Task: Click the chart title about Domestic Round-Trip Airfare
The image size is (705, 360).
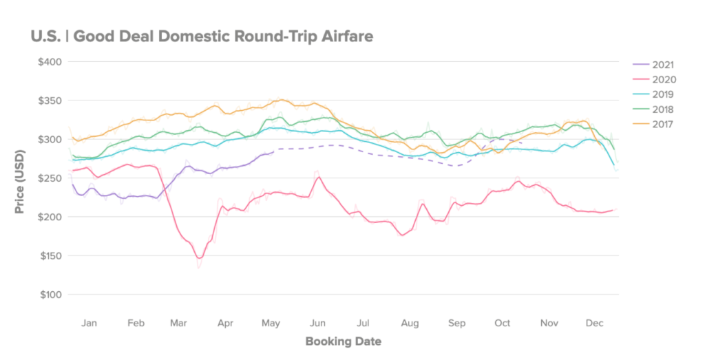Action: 202,36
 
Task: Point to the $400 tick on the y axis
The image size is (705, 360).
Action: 50,62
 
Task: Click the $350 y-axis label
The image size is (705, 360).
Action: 50,100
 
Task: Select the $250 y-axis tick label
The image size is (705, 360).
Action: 50,178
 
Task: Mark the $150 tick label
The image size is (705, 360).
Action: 50,256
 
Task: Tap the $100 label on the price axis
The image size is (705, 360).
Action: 50,295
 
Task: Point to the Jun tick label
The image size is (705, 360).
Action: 318,323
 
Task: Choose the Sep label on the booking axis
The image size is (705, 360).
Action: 456,323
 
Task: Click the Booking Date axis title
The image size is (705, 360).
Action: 343,341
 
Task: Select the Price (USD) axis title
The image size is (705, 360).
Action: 20,178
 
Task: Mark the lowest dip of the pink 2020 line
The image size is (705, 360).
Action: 199,258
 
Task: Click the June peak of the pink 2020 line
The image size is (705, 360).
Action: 318,177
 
